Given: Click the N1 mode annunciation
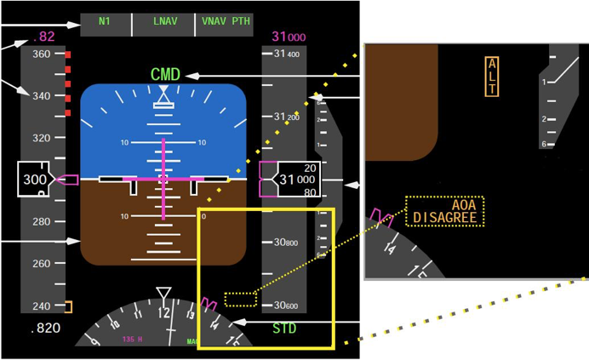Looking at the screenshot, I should click(x=105, y=21).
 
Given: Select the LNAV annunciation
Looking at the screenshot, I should click(x=165, y=21).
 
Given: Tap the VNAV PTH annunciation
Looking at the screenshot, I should click(x=226, y=21).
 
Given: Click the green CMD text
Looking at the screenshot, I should click(x=165, y=75).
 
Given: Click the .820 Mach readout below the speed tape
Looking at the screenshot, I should click(x=44, y=328).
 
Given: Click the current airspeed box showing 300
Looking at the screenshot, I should click(x=35, y=180).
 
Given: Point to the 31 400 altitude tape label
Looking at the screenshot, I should click(x=286, y=54).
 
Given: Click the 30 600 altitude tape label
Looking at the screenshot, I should click(x=286, y=306).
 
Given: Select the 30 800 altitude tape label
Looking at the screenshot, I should click(x=286, y=243).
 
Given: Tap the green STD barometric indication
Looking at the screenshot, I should click(x=284, y=328).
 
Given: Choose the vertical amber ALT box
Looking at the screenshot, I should click(x=491, y=77).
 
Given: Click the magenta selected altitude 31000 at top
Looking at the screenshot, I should click(x=289, y=37).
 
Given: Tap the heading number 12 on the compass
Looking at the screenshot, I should click(x=163, y=312).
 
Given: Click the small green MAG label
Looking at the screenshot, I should click(x=193, y=342).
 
